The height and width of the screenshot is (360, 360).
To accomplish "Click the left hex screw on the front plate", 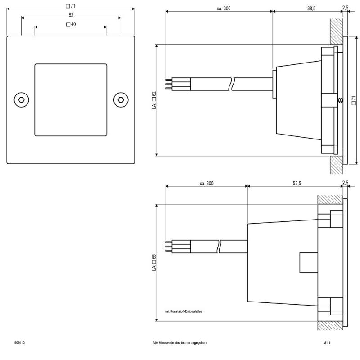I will pyautogui.click(x=21, y=99).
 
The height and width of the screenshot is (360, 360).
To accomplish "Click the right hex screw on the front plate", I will pyautogui.click(x=121, y=99).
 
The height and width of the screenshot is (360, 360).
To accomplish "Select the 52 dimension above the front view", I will pyautogui.click(x=71, y=15).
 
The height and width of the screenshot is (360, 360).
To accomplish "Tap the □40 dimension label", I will pyautogui.click(x=71, y=24).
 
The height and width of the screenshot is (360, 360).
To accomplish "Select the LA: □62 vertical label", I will pyautogui.click(x=154, y=100).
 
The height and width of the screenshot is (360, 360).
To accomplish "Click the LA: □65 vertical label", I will pyautogui.click(x=154, y=263).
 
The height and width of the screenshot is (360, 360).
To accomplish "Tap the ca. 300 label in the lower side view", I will pyautogui.click(x=207, y=183).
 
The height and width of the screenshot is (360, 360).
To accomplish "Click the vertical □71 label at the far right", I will pyautogui.click(x=354, y=100).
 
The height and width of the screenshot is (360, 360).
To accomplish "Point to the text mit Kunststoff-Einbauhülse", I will pyautogui.click(x=184, y=311).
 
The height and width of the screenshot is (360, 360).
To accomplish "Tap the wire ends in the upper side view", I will pyautogui.click(x=168, y=84).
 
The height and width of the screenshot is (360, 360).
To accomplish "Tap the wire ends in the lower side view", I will pyautogui.click(x=168, y=246).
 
